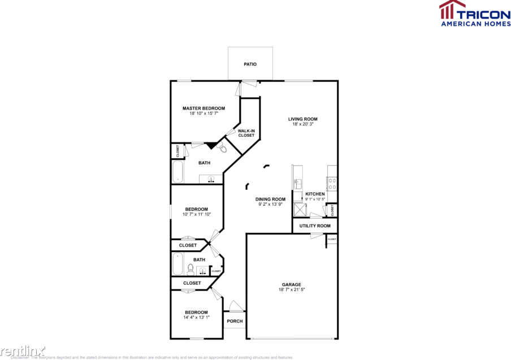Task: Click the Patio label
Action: pos(250,64)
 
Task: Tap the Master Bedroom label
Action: pos(203,108)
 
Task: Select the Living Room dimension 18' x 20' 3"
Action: pos(302,124)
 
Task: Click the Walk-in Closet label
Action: pos(246,133)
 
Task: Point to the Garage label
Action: pos(292,284)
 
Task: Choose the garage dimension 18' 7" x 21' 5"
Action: pos(292,290)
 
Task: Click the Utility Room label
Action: pos(315,226)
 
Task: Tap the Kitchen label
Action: pos(315,194)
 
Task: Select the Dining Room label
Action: pos(270,199)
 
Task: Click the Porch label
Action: pos(235,321)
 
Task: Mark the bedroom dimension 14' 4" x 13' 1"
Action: pos(196,318)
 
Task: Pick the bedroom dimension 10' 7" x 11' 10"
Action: pos(196,214)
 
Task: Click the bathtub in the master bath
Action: pos(177,172)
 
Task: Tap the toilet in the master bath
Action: pos(222,148)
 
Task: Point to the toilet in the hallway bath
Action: pos(190,268)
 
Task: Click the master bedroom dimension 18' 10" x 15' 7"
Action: pos(203,114)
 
